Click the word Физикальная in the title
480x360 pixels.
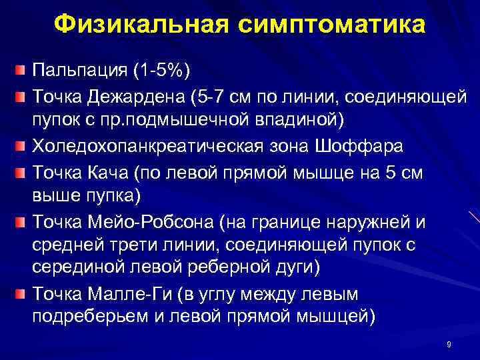(141, 25)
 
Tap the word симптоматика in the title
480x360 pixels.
(331, 25)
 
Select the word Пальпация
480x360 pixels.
(79, 70)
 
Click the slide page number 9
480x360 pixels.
(449, 345)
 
